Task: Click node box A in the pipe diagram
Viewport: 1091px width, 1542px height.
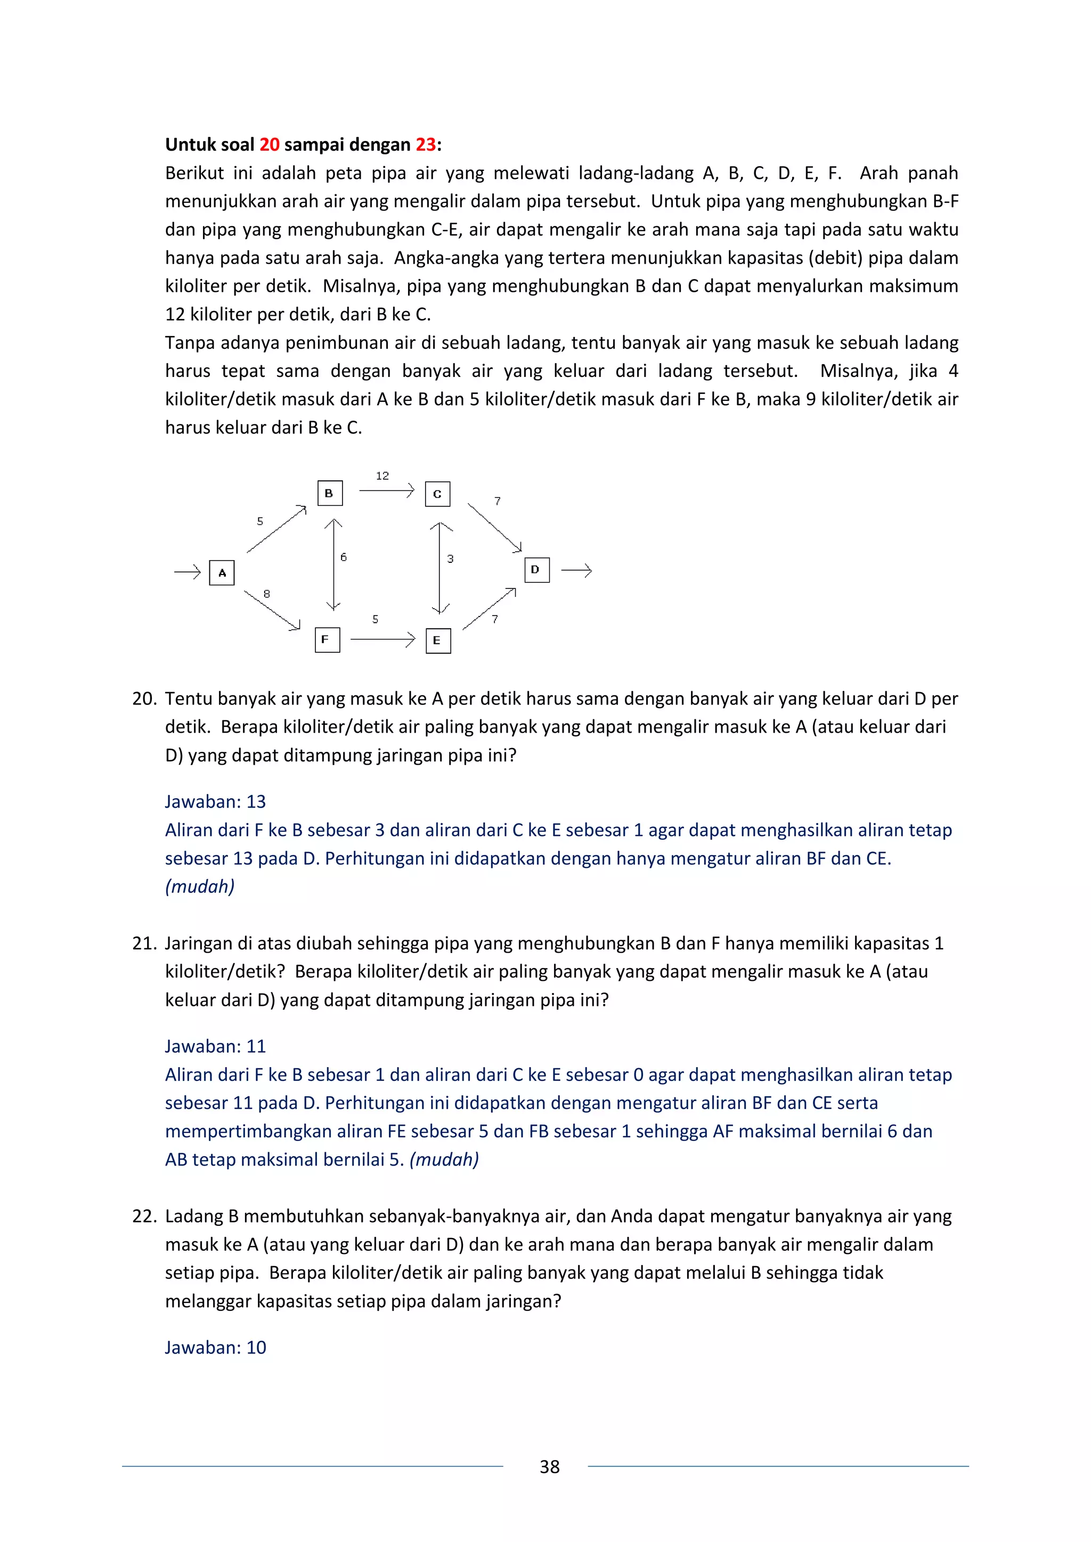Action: tap(222, 573)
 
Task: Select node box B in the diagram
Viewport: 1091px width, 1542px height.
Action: tap(329, 493)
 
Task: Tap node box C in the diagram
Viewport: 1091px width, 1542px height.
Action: tap(437, 494)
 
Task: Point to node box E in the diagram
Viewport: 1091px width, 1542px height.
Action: tap(438, 641)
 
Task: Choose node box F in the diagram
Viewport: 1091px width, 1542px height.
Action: tap(327, 639)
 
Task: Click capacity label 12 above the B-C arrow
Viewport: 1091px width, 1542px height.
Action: tap(382, 475)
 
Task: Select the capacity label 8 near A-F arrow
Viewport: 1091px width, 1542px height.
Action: tap(267, 594)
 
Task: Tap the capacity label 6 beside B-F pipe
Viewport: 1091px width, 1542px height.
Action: tap(343, 557)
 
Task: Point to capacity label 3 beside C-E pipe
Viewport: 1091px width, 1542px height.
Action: tap(450, 558)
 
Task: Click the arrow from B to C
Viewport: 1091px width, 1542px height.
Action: tap(386, 491)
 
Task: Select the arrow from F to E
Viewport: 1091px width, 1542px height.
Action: tap(382, 639)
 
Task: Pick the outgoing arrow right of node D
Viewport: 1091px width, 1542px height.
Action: tap(576, 571)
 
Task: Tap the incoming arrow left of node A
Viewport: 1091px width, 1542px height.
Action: tap(188, 572)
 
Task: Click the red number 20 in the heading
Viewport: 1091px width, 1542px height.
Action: tap(270, 144)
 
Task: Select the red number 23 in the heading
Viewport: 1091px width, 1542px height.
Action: tap(425, 144)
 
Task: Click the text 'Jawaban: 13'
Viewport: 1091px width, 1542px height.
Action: tap(216, 801)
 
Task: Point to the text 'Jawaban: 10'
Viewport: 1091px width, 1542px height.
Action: tap(216, 1347)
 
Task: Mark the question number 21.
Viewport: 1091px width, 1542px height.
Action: tap(144, 943)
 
